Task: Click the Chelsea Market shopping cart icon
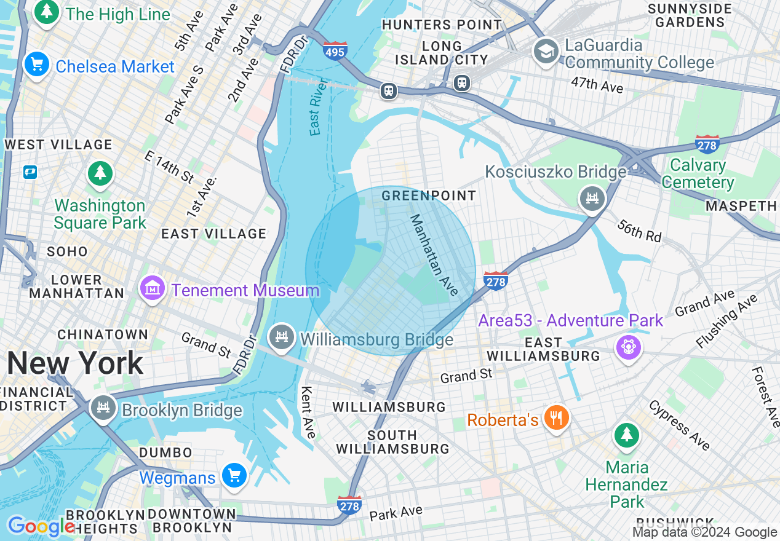click(36, 65)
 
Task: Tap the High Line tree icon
click(46, 12)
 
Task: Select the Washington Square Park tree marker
click(100, 173)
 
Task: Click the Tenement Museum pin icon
click(152, 288)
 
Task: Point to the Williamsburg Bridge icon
click(281, 337)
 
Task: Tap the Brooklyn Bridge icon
click(103, 408)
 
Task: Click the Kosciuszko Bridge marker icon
click(592, 198)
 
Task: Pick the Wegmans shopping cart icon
click(234, 476)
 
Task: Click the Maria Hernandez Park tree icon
click(626, 436)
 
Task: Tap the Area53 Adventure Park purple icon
click(628, 347)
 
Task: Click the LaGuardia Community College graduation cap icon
click(546, 50)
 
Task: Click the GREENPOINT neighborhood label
click(429, 195)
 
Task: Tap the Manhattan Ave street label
click(434, 255)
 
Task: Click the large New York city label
click(75, 363)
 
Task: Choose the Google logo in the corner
click(41, 527)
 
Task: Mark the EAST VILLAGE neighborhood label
click(213, 234)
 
